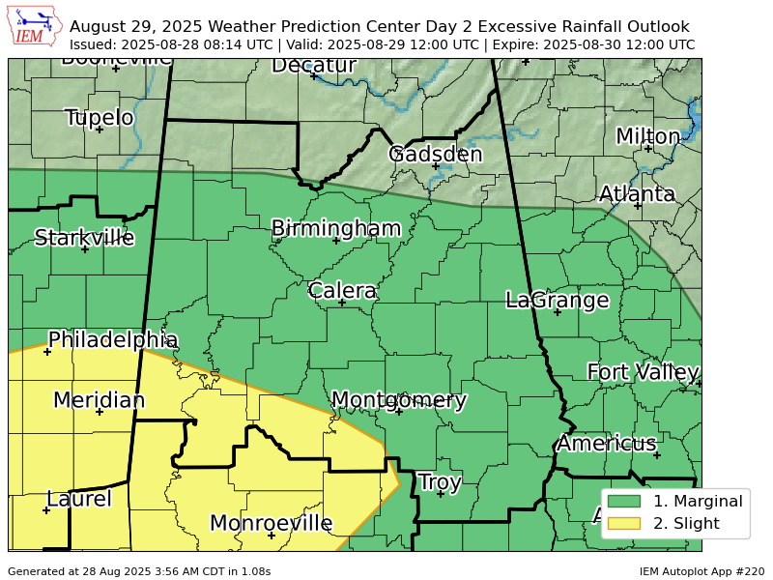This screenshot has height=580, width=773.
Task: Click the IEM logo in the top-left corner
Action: click(36, 26)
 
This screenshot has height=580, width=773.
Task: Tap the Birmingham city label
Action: click(335, 228)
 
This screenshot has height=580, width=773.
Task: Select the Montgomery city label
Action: click(398, 400)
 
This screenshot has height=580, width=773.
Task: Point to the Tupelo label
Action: click(99, 118)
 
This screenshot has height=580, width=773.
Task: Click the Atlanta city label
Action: click(637, 194)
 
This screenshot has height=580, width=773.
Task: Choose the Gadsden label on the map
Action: click(435, 155)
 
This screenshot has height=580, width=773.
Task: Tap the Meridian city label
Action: click(99, 400)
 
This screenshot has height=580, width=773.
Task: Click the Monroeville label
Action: click(271, 524)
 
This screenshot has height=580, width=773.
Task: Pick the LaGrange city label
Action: click(557, 300)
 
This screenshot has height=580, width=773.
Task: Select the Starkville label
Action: click(84, 238)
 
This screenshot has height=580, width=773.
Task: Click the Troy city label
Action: click(440, 482)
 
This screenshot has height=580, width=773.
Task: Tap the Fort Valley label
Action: click(643, 372)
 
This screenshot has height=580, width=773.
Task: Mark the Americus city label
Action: click(606, 444)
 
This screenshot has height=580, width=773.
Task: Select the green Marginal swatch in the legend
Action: click(624, 501)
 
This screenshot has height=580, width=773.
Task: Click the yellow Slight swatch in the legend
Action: click(624, 524)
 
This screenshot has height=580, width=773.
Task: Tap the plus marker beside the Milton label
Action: click(647, 148)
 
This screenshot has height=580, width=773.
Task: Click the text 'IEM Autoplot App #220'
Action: click(701, 571)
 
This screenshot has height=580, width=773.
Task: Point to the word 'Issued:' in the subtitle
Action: click(95, 44)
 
